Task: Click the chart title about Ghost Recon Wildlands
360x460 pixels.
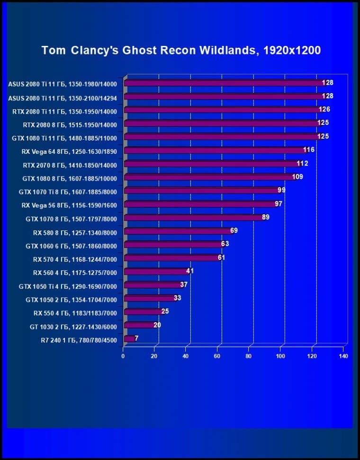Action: pyautogui.click(x=181, y=50)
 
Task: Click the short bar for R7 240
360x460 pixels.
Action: pyautogui.click(x=128, y=339)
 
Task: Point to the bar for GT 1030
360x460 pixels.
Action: pyautogui.click(x=138, y=326)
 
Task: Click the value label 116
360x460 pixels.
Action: pyautogui.click(x=309, y=150)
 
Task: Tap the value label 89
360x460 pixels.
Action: pyautogui.click(x=266, y=217)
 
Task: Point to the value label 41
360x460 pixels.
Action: pyautogui.click(x=190, y=271)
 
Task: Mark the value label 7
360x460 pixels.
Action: pyautogui.click(x=136, y=338)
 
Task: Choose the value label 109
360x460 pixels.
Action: pyautogui.click(x=297, y=177)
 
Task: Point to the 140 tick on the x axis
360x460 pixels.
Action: pyautogui.click(x=343, y=355)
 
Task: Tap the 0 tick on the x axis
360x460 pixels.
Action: pyautogui.click(x=123, y=355)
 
